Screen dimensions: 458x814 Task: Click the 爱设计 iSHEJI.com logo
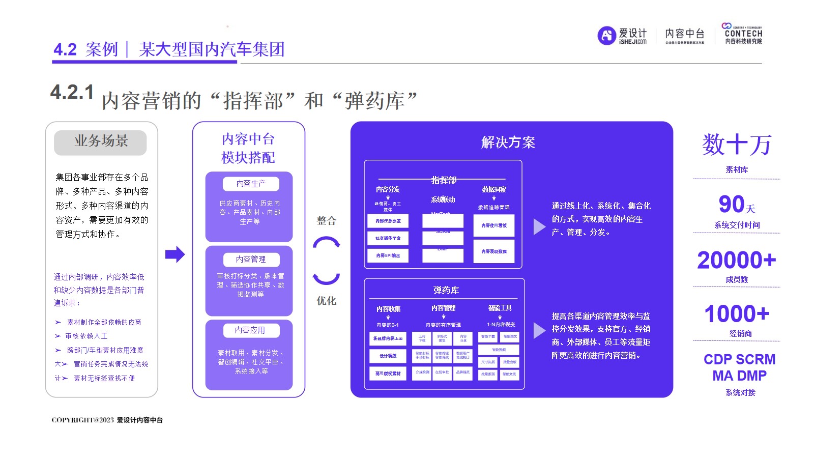622,36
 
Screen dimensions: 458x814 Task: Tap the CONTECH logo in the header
743,34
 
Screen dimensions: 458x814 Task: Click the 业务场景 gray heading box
100,142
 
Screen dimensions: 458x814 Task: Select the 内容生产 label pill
251,184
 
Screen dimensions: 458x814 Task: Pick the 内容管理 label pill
251,260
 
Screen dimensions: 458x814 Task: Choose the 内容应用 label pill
250,330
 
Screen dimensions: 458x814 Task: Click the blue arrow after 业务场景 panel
175,254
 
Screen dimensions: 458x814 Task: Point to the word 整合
327,221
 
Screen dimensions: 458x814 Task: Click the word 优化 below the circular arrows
327,301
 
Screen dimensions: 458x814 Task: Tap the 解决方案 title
508,142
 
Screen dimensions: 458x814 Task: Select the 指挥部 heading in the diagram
444,180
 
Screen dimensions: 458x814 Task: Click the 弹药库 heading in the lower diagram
446,290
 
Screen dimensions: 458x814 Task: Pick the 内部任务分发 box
388,221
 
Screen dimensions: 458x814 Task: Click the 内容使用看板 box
493,225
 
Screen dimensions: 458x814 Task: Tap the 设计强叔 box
388,356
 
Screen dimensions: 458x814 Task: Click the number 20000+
736,261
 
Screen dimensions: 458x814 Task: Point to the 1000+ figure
736,314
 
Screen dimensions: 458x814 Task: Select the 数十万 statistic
736,145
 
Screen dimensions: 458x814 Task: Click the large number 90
732,205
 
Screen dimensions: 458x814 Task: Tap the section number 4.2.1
72,93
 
